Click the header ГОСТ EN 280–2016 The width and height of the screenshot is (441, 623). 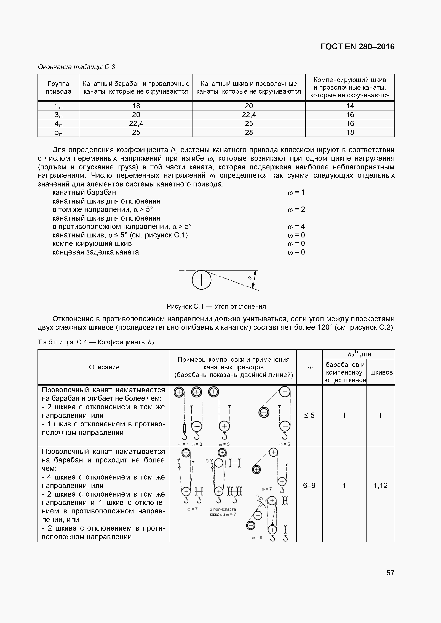(x=357, y=47)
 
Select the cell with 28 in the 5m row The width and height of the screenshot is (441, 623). (x=249, y=132)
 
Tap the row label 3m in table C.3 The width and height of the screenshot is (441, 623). (x=58, y=115)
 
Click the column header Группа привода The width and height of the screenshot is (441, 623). (x=58, y=87)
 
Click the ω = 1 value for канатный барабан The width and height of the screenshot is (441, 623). (x=296, y=192)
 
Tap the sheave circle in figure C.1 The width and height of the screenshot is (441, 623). (x=202, y=280)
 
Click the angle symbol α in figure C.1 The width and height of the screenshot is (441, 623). (x=250, y=277)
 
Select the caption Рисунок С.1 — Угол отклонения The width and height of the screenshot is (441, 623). (x=216, y=306)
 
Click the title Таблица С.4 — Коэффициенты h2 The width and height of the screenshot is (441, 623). (x=96, y=342)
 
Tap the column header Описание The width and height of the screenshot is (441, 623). (x=104, y=367)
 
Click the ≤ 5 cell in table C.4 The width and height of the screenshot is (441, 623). (x=309, y=415)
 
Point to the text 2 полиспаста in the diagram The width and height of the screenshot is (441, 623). (x=223, y=509)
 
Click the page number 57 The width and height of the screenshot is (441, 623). (x=390, y=573)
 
